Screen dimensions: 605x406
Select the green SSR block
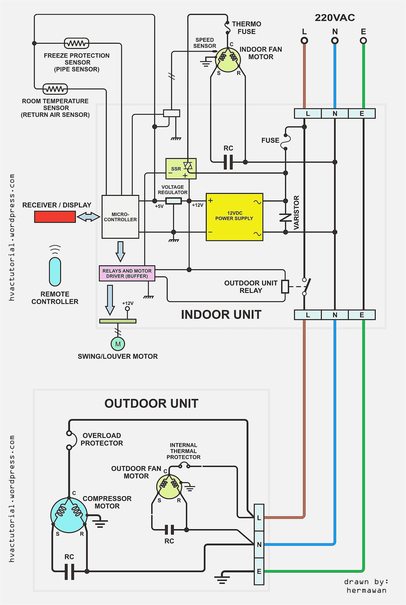pyautogui.click(x=181, y=169)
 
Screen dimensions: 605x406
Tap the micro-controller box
pyautogui.click(x=120, y=217)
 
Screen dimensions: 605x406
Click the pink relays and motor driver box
pyautogui.click(x=127, y=273)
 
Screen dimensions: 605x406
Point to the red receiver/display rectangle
pyautogui.click(x=55, y=217)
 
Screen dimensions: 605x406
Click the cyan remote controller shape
pyautogui.click(x=55, y=271)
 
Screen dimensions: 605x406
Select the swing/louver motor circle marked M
pyautogui.click(x=118, y=344)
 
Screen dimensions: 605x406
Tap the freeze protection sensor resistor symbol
pyautogui.click(x=76, y=43)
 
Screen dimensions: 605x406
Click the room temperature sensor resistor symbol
pyautogui.click(x=55, y=89)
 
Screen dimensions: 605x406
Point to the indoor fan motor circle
pyautogui.click(x=228, y=60)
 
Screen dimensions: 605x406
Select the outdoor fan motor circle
pyautogui.click(x=169, y=486)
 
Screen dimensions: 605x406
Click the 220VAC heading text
pyautogui.click(x=335, y=18)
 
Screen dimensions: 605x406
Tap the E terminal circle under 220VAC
pyautogui.click(x=363, y=41)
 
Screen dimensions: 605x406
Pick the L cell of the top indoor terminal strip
pyautogui.click(x=308, y=113)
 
